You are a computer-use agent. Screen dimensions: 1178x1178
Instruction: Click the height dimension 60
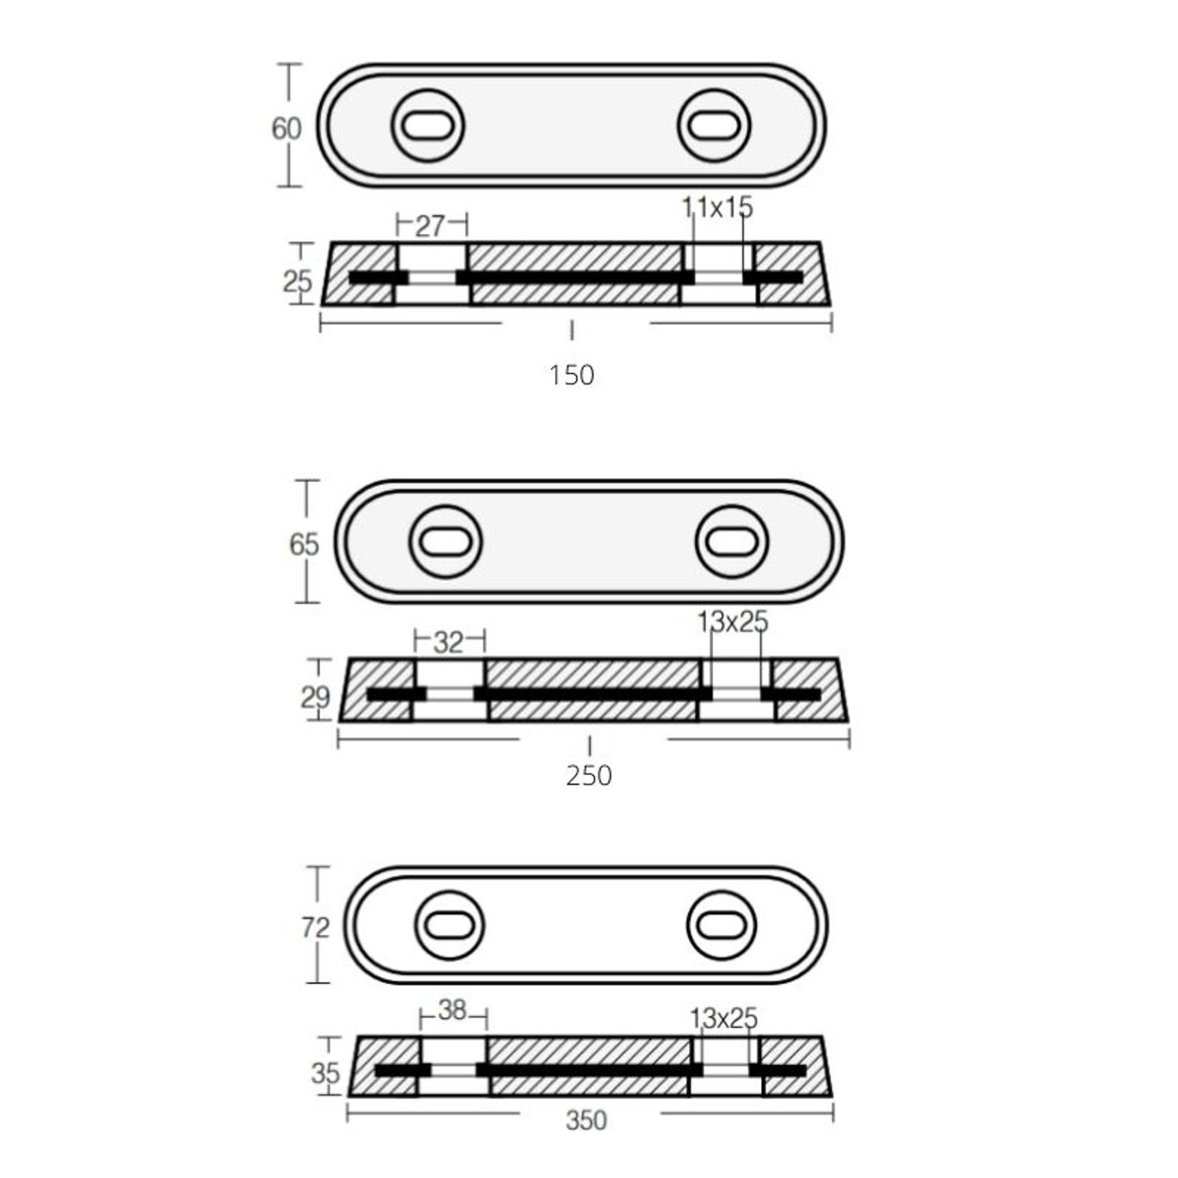[x=286, y=128]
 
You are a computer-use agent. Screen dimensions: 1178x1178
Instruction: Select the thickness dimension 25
[x=298, y=280]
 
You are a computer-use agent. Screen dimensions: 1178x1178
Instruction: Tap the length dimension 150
[x=572, y=375]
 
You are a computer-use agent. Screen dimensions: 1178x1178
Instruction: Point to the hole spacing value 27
[x=430, y=226]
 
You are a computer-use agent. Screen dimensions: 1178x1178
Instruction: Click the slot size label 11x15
[x=717, y=207]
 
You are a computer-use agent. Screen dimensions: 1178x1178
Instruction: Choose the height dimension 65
[x=304, y=544]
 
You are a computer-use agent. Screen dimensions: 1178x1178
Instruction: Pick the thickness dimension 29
[x=316, y=697]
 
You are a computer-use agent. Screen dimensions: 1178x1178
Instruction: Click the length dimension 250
[x=589, y=776]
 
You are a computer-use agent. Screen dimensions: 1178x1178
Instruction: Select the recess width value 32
[x=448, y=642]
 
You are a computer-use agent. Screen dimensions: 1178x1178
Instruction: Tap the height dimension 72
[x=315, y=928]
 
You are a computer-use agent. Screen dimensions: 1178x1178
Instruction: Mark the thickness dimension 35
[x=325, y=1073]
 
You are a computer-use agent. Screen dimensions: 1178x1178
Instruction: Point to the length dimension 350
[x=587, y=1120]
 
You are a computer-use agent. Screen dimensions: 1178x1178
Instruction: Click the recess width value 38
[x=453, y=1010]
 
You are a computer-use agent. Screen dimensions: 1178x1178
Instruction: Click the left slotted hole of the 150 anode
[x=428, y=126]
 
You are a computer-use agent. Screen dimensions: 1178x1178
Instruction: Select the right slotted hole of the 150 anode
[x=714, y=126]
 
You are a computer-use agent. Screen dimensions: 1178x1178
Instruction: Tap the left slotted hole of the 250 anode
[x=445, y=542]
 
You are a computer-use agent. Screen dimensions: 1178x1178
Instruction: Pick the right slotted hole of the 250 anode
[x=731, y=542]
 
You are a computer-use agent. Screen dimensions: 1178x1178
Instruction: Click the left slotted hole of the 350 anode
[x=448, y=924]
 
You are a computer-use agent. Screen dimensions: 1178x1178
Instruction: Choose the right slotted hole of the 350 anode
[x=721, y=924]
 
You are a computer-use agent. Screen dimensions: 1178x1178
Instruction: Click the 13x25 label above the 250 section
[x=733, y=622]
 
